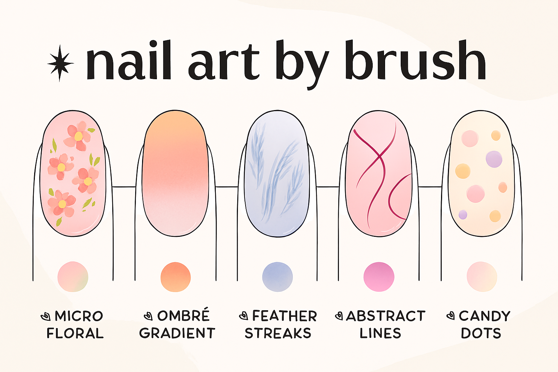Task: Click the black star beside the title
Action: click(60, 64)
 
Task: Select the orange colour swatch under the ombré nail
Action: click(175, 277)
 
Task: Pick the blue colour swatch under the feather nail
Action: click(277, 277)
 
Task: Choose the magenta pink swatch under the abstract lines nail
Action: click(379, 277)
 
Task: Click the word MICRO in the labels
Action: click(79, 316)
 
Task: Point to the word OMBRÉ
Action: click(183, 315)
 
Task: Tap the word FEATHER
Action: click(284, 316)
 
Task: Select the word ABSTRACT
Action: click(385, 316)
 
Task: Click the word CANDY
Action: click(485, 316)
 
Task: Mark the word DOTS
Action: click(481, 333)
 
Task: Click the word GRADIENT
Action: click(177, 333)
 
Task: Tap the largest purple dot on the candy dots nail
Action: click(494, 159)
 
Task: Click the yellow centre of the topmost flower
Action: click(78, 136)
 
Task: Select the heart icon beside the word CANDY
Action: click(450, 316)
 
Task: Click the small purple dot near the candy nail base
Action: click(462, 215)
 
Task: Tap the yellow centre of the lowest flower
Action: click(62, 204)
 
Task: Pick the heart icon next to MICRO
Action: click(45, 316)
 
